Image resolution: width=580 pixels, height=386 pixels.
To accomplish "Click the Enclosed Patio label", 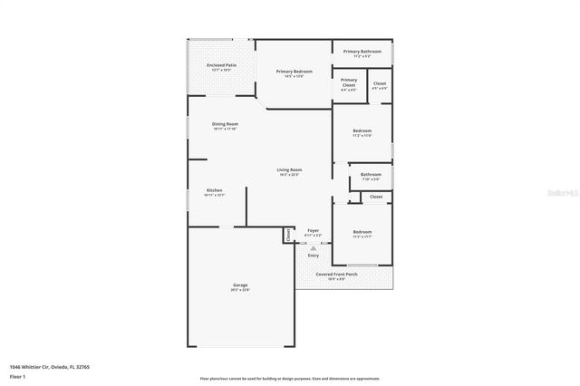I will click(x=221, y=65).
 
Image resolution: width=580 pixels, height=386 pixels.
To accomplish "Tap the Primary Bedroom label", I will click(x=295, y=72).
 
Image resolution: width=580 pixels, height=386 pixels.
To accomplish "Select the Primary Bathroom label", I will click(x=362, y=52).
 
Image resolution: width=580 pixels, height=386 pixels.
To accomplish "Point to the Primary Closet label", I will click(x=349, y=82).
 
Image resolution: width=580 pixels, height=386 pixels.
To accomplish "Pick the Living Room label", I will click(x=289, y=170).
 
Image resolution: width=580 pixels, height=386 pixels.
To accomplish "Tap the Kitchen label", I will click(x=214, y=190).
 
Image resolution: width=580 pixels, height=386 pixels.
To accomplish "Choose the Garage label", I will click(x=240, y=285).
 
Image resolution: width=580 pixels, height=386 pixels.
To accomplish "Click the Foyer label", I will click(x=313, y=231).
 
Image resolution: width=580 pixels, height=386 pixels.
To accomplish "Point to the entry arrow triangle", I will click(x=313, y=246).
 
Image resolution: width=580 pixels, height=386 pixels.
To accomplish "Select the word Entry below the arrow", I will click(x=313, y=256).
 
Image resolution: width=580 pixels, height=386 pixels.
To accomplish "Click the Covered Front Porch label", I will click(x=336, y=274).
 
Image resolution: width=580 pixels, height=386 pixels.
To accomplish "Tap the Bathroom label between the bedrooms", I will click(x=371, y=175).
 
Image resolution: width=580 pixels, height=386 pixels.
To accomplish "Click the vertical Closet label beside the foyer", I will click(x=288, y=234).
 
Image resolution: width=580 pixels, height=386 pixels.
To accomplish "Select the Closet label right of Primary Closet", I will click(x=380, y=84).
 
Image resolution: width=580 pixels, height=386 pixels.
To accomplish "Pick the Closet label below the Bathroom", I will click(x=376, y=197).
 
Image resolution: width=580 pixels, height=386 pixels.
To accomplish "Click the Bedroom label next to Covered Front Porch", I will click(x=362, y=232).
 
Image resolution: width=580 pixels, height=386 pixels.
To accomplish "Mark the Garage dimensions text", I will click(x=240, y=291).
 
